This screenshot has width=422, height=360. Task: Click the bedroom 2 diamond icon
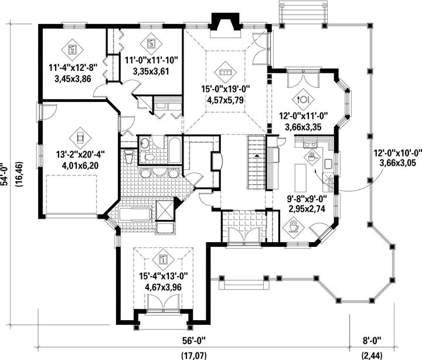[x=72, y=49]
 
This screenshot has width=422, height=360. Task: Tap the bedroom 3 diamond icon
[x=151, y=43]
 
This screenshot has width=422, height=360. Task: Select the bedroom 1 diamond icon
[x=163, y=260]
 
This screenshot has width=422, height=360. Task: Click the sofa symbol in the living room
[x=225, y=72]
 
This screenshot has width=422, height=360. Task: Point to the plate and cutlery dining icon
[x=304, y=99]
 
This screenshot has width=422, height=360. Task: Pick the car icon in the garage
[x=80, y=138]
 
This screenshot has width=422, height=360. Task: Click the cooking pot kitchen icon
[x=312, y=157]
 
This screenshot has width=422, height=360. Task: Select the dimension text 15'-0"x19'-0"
[x=226, y=89]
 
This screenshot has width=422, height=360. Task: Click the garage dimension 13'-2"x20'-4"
[x=80, y=155]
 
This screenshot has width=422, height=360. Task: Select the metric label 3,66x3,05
[x=398, y=163]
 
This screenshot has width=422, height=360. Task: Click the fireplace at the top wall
[x=225, y=26]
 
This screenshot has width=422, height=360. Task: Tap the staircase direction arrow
[x=257, y=155]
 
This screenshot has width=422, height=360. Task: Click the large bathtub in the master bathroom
[x=135, y=215]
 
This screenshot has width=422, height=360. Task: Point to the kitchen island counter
[x=300, y=176]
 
